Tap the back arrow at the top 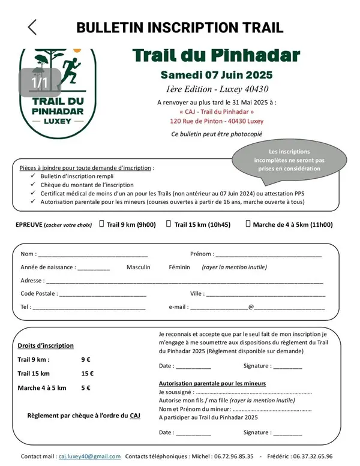(x=32, y=27)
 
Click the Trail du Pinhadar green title (x=216, y=56)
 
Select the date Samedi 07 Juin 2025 (x=216, y=75)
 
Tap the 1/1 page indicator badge (x=40, y=82)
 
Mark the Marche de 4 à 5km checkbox (x=248, y=224)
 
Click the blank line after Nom (x=93, y=255)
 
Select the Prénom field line (x=268, y=255)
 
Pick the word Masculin (x=139, y=267)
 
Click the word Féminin (x=179, y=267)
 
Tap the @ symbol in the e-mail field (x=251, y=306)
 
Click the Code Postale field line (x=103, y=294)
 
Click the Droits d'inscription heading (x=46, y=345)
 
